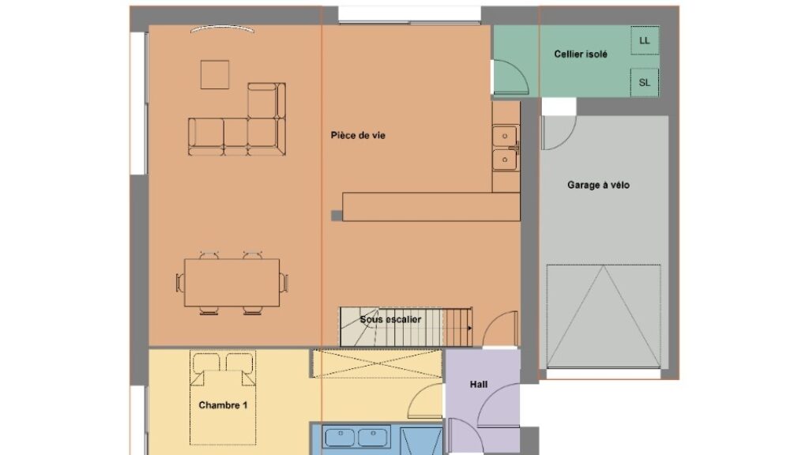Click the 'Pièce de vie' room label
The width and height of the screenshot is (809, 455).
358,136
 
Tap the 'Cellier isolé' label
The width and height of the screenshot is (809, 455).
581,55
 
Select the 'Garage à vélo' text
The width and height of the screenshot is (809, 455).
599,185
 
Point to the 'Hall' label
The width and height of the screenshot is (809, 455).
479,385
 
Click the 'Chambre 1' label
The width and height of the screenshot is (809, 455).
223,405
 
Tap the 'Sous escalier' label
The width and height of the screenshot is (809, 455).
390,319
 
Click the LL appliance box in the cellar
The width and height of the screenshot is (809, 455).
645,40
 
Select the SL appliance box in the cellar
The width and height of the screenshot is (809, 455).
645,82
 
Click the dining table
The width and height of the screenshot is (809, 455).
232,283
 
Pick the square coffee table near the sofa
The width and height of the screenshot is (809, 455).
215,75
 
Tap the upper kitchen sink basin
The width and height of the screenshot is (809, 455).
505,136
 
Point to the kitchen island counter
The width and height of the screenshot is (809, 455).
431,207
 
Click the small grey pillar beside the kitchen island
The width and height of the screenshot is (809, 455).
337,216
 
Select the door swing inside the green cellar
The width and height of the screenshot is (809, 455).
511,77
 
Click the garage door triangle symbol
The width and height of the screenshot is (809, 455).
603,316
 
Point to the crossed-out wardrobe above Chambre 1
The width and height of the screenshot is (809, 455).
378,363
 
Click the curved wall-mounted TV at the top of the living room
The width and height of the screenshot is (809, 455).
222,28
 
